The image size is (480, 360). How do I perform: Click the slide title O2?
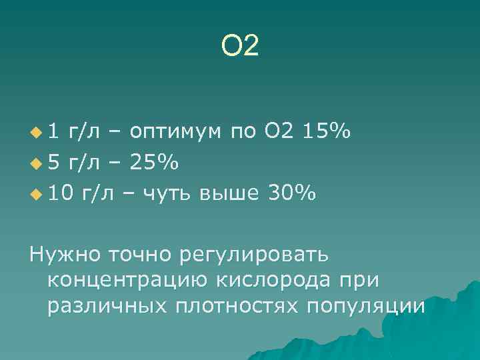[239, 46]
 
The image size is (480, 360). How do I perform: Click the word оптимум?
[175, 132]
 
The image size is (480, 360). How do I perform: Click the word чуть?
[159, 193]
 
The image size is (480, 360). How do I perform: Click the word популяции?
[366, 307]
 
